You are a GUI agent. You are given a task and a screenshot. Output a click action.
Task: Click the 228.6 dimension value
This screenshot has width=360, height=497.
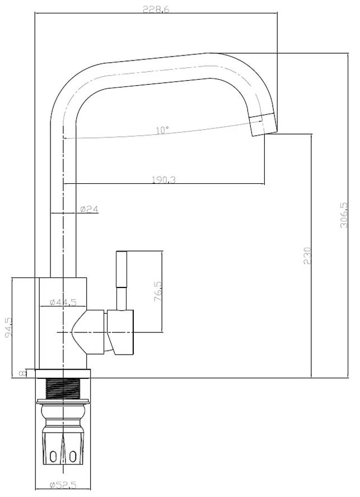coord(156,9)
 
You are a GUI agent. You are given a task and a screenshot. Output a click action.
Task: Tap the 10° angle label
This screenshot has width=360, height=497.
coord(162,130)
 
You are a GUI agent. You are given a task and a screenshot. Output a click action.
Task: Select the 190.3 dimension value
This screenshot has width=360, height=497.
coord(163,180)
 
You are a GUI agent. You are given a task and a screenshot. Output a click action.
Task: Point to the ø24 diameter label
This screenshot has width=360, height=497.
coord(89,209)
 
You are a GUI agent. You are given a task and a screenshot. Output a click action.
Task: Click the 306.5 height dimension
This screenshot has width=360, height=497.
coord(344,215)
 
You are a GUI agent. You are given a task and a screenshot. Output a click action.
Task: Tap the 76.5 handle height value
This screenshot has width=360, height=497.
coord(158,291)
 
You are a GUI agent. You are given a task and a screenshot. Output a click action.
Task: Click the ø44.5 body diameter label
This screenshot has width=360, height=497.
coord(63,302)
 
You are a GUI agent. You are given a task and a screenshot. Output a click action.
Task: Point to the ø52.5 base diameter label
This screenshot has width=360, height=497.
coord(63,485)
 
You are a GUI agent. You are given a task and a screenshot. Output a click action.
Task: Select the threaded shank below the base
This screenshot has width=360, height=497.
coord(63,389)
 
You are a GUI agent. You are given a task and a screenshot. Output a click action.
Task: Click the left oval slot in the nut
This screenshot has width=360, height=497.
coord(53,456)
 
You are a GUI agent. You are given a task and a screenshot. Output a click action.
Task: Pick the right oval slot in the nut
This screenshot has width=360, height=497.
coord(73,456)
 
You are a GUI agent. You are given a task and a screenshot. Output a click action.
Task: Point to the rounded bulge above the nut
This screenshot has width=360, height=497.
coord(63,412)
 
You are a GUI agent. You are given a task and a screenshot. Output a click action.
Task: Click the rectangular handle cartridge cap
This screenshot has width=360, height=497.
coord(120,332)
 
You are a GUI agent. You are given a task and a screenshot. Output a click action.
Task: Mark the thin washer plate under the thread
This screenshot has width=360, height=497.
coord(63,402)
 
